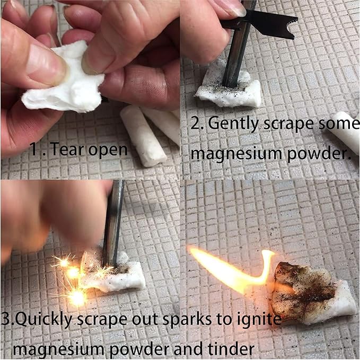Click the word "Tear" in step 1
click(x=67, y=149)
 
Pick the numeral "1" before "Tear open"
click(x=34, y=149)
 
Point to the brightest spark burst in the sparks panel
click(x=77, y=297)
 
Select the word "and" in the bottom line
click(x=189, y=349)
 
